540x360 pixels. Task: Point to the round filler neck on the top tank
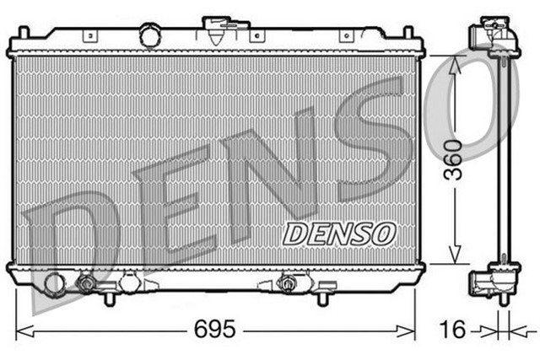(150, 36)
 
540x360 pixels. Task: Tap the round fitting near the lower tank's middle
(287, 284)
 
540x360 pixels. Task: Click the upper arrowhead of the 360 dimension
(456, 62)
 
